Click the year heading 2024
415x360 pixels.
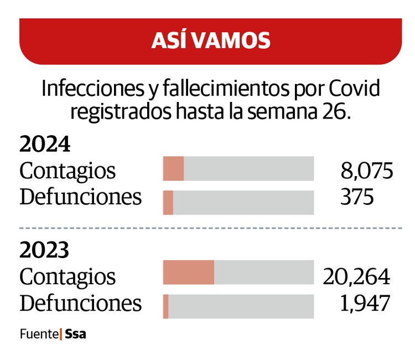tap(45, 145)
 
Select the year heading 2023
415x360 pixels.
tap(45, 251)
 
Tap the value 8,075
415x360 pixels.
tap(367, 171)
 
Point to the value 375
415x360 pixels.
tap(358, 197)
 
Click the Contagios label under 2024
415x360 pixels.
tap(68, 171)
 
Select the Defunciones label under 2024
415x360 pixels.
tap(81, 197)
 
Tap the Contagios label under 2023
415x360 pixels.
tap(68, 276)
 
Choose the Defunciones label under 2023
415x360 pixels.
tap(81, 303)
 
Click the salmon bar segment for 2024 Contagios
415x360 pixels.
tap(173, 169)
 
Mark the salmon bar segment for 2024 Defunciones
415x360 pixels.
tap(168, 203)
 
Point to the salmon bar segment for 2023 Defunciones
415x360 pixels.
tap(166, 307)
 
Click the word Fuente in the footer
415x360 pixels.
tap(39, 335)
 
